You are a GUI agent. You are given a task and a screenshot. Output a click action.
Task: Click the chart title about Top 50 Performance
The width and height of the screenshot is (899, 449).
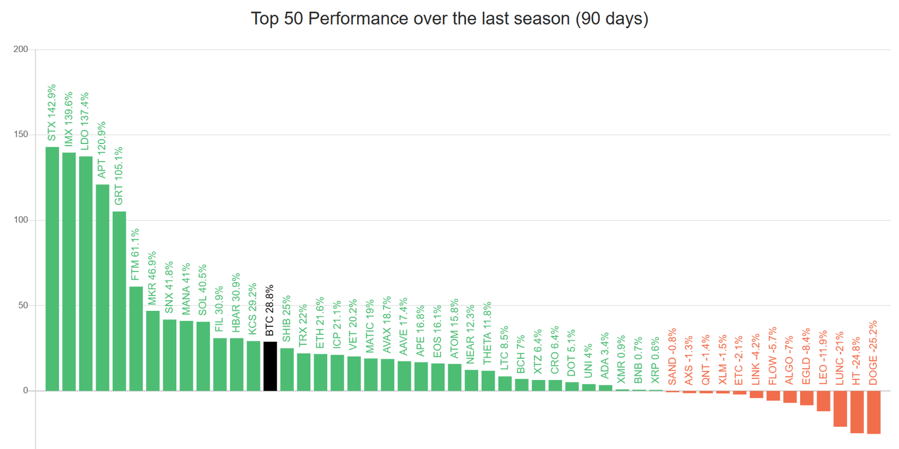[449, 18]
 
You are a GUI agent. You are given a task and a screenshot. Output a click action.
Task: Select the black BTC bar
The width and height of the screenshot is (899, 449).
[270, 366]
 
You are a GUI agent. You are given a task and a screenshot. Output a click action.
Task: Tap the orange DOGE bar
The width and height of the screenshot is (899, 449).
[873, 412]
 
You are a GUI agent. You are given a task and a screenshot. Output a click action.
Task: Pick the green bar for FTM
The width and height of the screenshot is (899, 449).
[136, 338]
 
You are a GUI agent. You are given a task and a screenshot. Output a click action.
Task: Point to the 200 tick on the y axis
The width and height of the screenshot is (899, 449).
[21, 50]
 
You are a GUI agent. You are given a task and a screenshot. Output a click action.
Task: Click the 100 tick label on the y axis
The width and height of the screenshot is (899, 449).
[21, 220]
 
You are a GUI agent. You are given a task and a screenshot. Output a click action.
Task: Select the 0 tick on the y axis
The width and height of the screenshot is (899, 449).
[25, 390]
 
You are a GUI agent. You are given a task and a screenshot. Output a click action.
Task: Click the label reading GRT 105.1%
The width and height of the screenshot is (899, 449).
[119, 175]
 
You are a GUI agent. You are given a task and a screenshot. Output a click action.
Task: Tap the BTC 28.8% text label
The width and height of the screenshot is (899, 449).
[270, 309]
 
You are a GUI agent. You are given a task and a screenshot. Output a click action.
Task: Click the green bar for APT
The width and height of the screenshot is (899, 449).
[102, 287]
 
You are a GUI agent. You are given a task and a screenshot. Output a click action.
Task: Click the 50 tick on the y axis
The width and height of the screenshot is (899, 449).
[23, 306]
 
